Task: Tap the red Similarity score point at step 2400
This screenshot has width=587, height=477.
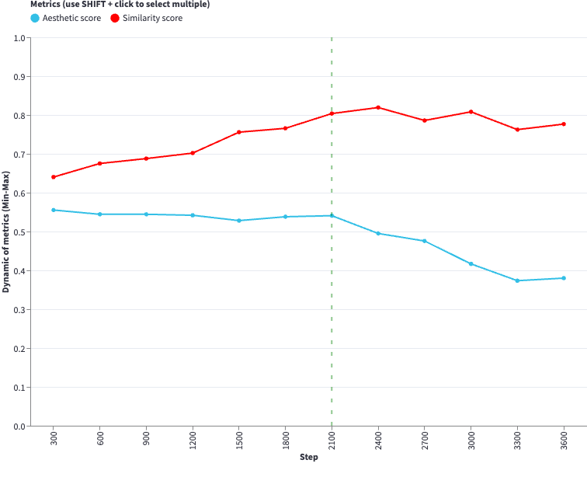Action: point(378,107)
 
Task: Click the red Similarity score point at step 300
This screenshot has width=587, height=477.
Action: point(54,177)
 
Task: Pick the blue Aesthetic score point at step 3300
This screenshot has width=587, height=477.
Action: point(517,280)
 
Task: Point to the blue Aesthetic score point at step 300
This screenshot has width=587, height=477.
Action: point(54,210)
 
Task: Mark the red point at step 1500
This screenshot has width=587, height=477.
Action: point(239,132)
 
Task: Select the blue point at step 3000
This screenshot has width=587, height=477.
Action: point(471,264)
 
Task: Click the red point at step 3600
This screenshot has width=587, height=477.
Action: point(564,124)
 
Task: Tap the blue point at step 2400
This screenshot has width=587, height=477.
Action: point(378,234)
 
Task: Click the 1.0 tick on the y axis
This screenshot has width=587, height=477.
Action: point(19,38)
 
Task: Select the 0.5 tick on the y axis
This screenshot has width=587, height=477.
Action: point(19,232)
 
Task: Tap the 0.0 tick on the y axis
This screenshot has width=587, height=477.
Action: point(19,427)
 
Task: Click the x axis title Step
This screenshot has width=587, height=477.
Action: point(309,458)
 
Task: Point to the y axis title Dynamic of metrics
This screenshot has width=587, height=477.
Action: point(6,232)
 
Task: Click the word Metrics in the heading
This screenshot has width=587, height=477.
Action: point(46,5)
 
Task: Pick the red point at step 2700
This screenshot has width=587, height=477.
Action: point(425,120)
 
